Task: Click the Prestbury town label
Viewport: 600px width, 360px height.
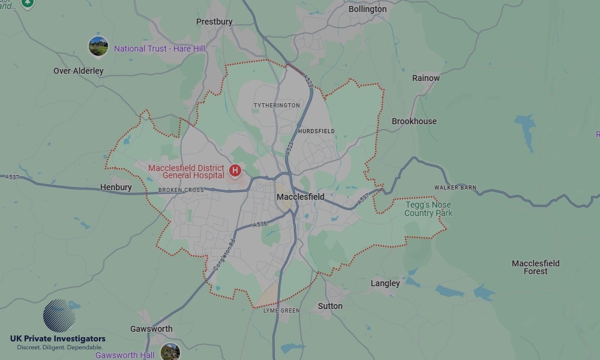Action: (x=214, y=22)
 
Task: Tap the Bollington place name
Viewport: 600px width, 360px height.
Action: (x=367, y=9)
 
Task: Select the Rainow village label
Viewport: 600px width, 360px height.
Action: (x=425, y=78)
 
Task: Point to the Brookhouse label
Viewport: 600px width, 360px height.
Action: (x=414, y=121)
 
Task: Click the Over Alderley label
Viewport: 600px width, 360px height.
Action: (x=79, y=71)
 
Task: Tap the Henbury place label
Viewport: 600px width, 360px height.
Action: (x=116, y=187)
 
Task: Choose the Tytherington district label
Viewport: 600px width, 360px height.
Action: (x=277, y=106)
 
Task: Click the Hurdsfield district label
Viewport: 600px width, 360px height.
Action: (x=316, y=131)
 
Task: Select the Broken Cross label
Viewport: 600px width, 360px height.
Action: (x=181, y=190)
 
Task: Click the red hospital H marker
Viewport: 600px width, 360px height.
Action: (x=235, y=171)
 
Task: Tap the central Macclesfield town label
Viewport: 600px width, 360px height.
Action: (x=300, y=197)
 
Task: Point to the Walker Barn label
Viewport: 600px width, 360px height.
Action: (x=455, y=188)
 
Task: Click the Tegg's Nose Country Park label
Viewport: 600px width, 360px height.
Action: (x=428, y=209)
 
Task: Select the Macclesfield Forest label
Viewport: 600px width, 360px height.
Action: (x=535, y=267)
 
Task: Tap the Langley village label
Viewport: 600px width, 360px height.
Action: (x=385, y=283)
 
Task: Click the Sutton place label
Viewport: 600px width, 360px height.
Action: (x=330, y=306)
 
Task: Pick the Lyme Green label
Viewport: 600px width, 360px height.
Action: (x=281, y=311)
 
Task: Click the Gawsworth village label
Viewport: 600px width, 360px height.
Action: (x=151, y=329)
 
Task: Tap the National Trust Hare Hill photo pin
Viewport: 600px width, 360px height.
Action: (x=98, y=46)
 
